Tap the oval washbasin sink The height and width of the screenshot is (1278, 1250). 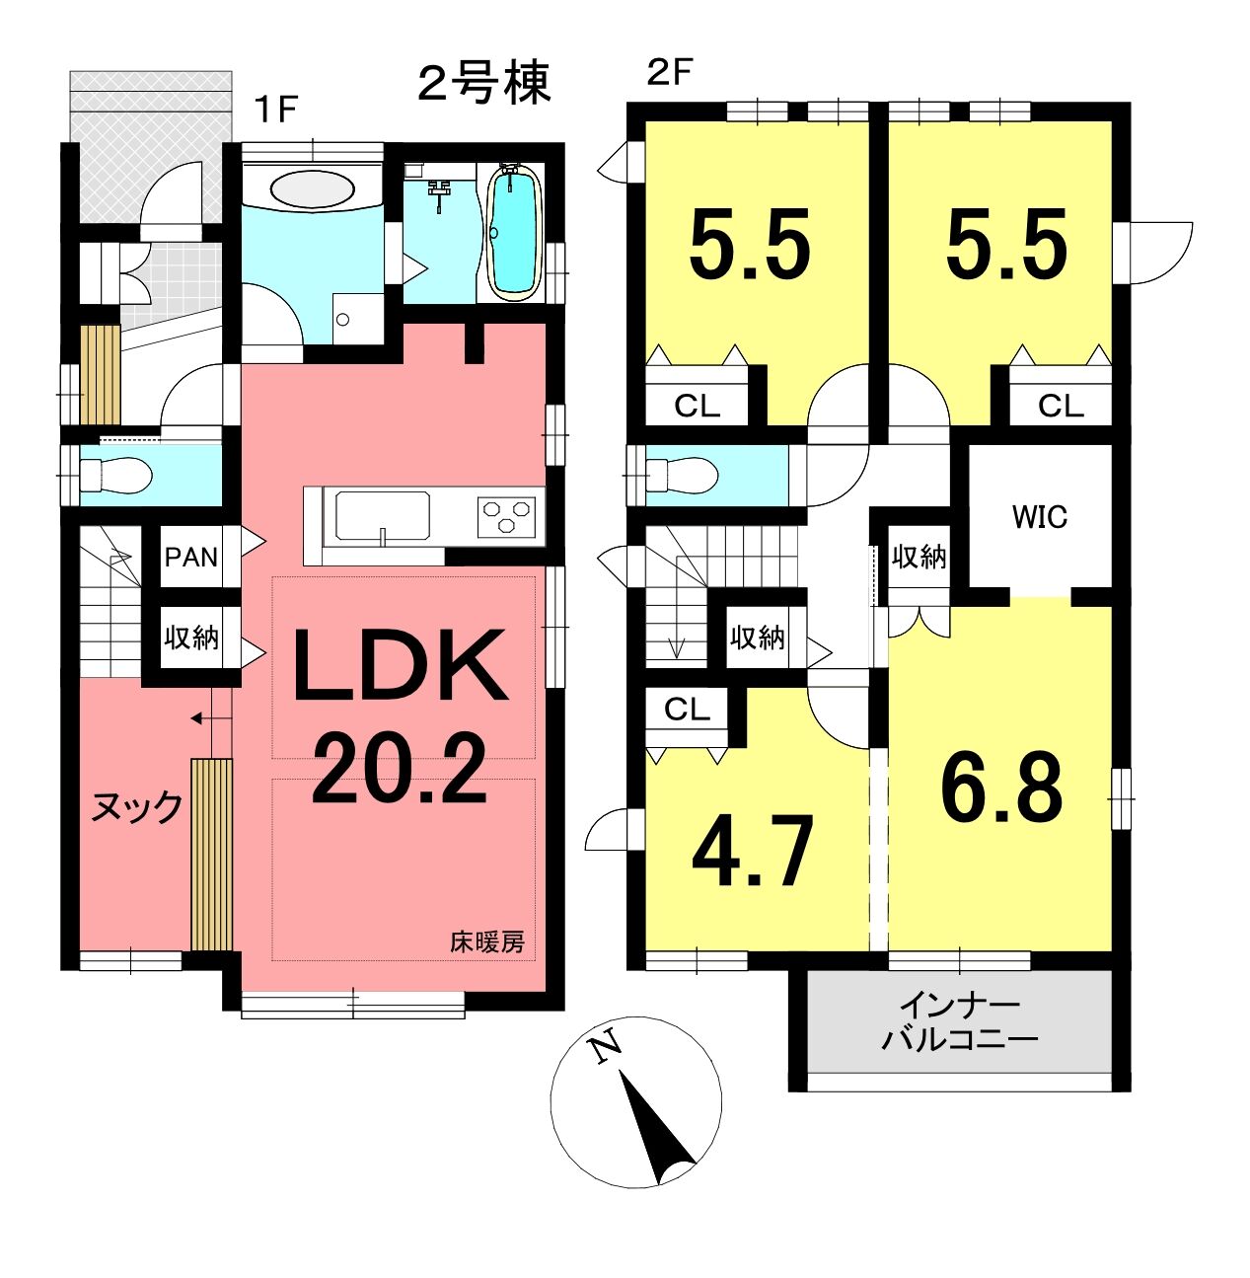(x=312, y=189)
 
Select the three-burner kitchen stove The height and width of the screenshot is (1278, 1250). (x=506, y=517)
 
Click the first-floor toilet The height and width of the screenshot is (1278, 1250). (x=115, y=475)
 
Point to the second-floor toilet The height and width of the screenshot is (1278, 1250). (x=683, y=475)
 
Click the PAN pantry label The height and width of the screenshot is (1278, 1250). (x=191, y=557)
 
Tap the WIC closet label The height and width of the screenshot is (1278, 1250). (x=1040, y=517)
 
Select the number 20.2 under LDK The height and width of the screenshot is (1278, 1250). (x=400, y=769)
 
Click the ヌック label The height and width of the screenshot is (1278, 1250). (x=136, y=807)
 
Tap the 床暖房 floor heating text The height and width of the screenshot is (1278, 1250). (x=487, y=942)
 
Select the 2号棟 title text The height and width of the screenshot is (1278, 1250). (x=483, y=84)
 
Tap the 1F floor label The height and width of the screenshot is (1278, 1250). (x=277, y=109)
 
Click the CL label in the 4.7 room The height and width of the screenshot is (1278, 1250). (x=687, y=710)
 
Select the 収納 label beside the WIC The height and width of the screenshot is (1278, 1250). (x=919, y=557)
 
